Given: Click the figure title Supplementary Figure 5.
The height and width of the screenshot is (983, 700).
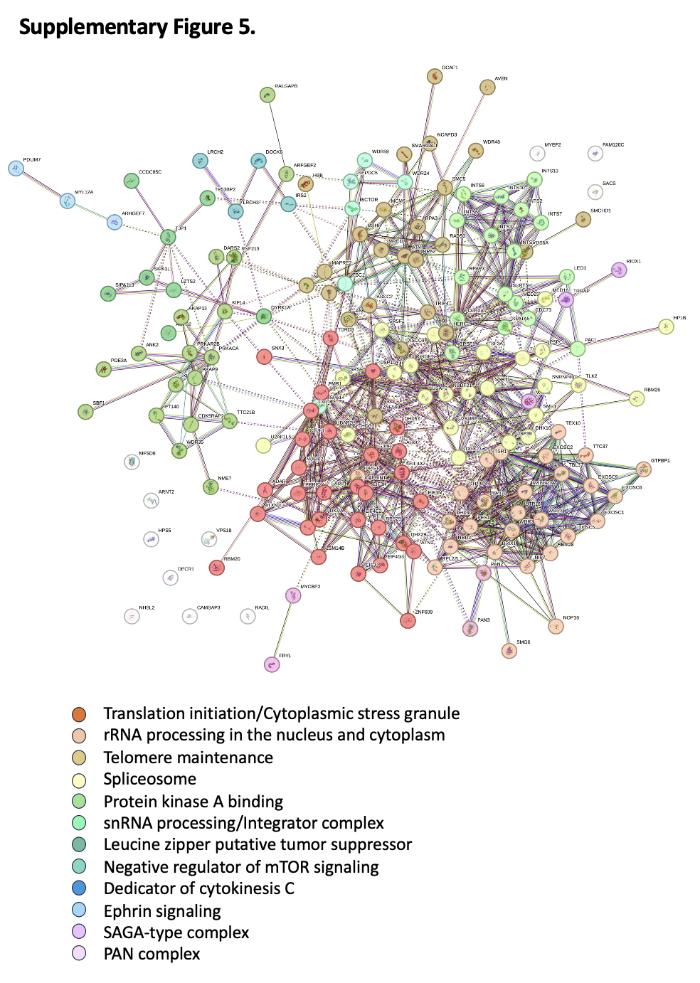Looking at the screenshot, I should point(137,27).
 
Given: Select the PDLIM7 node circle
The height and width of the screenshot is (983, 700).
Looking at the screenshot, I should point(16,169).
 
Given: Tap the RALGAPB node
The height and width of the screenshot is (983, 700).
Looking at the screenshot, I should point(267,95).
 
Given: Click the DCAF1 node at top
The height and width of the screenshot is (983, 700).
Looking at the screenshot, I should point(435,76).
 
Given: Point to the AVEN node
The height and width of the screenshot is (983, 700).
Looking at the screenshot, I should point(487,87).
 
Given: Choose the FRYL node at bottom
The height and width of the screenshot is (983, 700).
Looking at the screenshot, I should point(271,664).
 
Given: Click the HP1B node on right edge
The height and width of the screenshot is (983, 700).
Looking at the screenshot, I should point(666,326).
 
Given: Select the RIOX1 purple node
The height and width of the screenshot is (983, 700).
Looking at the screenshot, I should point(619,270).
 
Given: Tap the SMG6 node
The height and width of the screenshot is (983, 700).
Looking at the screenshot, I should point(509,651).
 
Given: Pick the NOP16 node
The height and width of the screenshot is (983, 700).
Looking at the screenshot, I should point(556,626).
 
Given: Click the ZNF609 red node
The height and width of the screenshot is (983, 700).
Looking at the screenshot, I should point(407,621).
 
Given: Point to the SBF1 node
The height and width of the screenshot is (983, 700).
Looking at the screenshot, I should point(85,411).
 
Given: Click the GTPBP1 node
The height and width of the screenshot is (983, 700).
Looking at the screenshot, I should point(643,469).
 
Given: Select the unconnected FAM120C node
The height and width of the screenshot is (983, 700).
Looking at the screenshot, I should point(595,153).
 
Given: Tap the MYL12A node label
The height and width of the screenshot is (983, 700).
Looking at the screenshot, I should point(84,192).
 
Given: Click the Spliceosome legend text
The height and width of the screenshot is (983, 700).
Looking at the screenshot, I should point(149,779).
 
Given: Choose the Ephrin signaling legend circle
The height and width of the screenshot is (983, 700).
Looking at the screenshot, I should point(79,910).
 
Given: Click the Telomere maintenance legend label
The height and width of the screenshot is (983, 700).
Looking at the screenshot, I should point(188,758).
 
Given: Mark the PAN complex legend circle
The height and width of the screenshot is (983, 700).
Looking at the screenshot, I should point(79,953).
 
